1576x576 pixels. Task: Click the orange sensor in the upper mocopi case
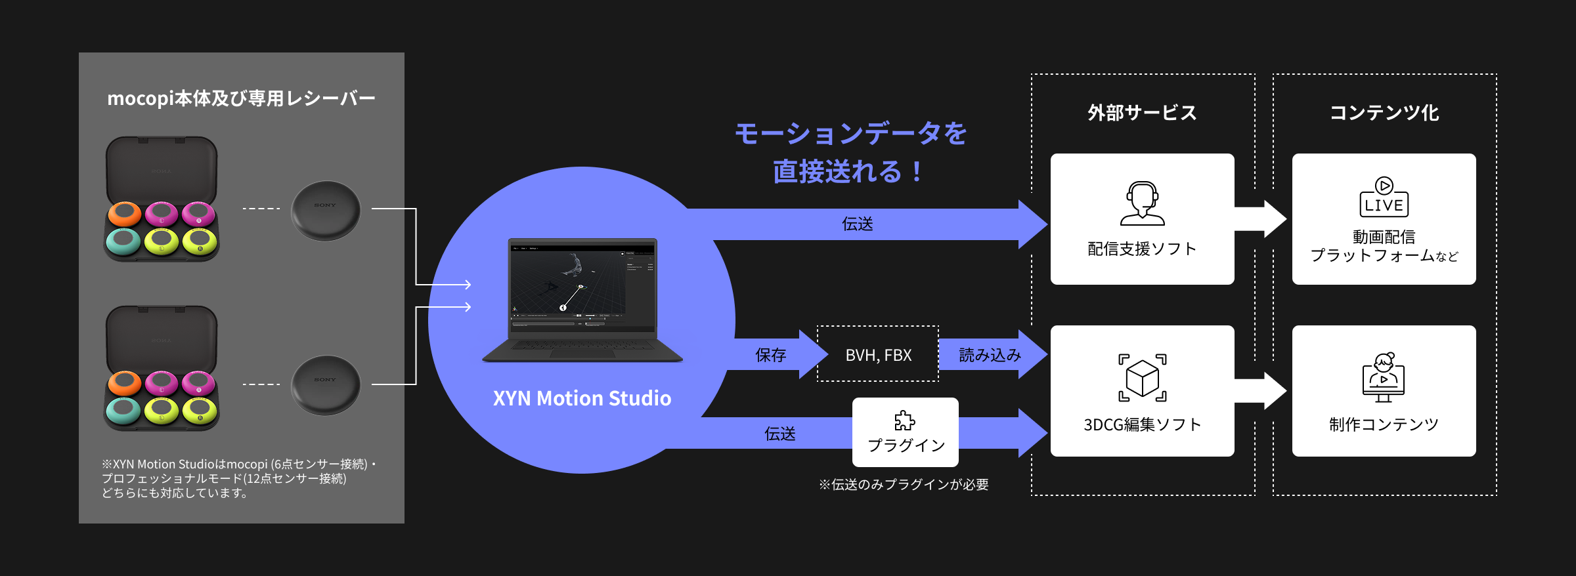[124, 213]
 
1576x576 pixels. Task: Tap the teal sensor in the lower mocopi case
[123, 410]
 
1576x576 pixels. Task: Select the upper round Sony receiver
[326, 210]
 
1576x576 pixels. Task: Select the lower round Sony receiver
[326, 384]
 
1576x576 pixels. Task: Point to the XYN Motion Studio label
[582, 398]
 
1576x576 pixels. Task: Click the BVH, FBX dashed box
[878, 354]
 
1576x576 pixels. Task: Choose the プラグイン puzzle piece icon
[905, 421]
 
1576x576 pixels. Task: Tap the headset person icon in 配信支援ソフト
[1142, 203]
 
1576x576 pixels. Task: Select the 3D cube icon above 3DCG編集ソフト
[1142, 378]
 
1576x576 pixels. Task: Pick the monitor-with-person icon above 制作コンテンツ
[1383, 377]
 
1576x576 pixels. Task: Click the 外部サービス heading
[1142, 113]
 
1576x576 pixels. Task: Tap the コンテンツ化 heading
[1384, 113]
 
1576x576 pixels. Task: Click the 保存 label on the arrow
[770, 355]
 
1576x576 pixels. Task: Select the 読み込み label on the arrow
[990, 355]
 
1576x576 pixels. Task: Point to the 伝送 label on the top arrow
[857, 224]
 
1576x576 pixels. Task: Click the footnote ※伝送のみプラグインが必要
[904, 485]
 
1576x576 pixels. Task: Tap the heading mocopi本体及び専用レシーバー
[241, 98]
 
